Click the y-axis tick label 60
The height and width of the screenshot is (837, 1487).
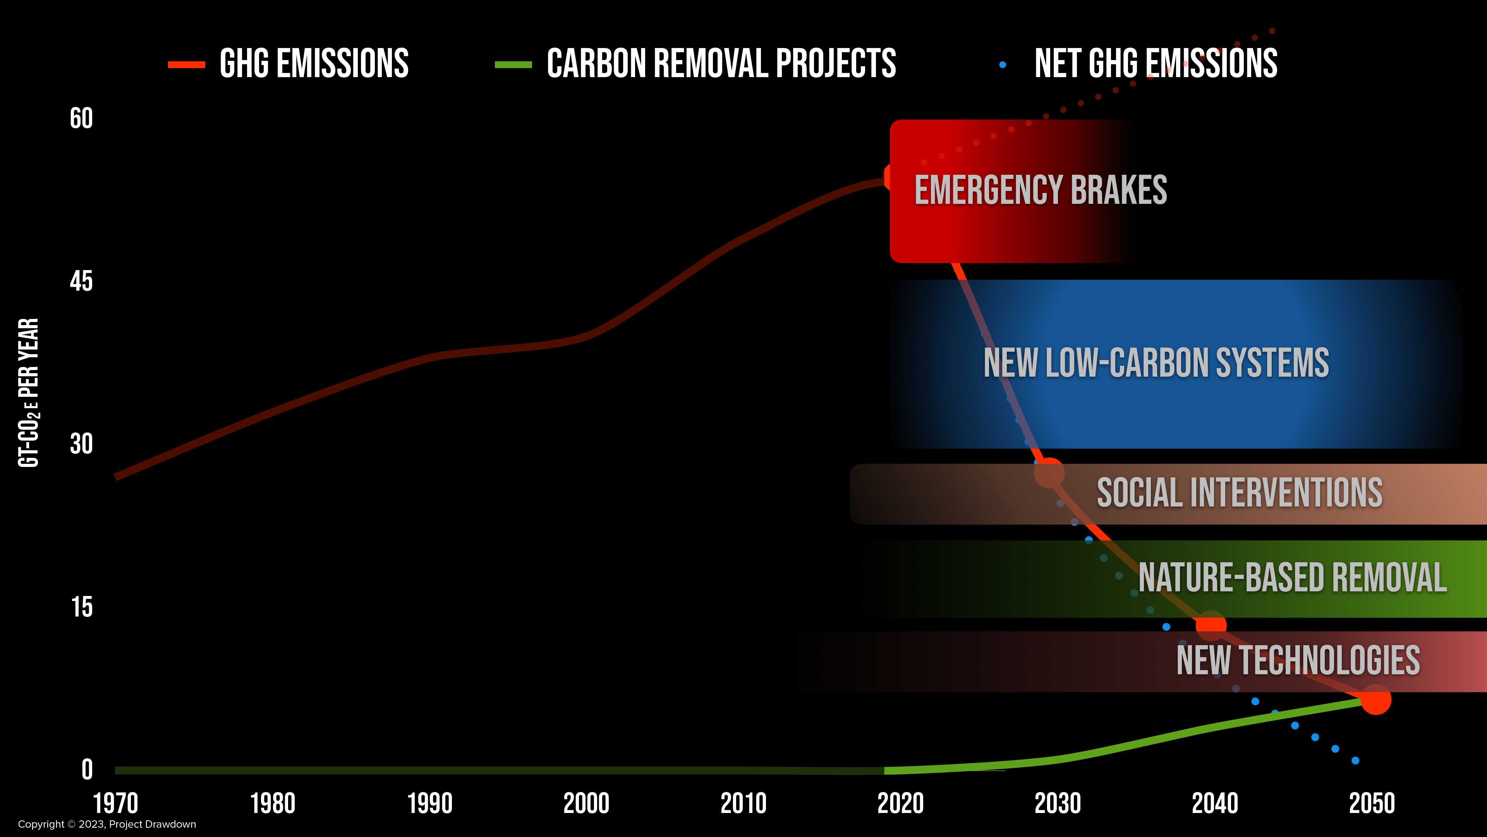click(81, 119)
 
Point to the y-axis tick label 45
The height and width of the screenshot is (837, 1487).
click(81, 282)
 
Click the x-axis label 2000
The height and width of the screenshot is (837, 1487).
click(586, 804)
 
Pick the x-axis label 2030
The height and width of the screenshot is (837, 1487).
click(1058, 804)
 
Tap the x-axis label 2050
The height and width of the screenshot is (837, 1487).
click(1372, 804)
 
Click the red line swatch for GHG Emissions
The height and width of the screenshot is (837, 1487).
click(186, 65)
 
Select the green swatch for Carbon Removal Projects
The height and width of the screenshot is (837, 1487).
click(513, 65)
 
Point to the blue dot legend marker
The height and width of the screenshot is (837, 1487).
click(1003, 65)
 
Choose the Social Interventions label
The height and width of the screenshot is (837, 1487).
click(1239, 493)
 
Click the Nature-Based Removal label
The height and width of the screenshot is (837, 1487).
click(1293, 578)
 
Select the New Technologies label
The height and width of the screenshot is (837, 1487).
click(1298, 661)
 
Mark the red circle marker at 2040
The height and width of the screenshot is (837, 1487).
click(1211, 625)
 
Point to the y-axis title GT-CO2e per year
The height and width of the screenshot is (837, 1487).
click(28, 393)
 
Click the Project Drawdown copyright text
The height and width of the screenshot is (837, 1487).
click(107, 824)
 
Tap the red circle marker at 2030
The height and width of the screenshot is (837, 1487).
click(1049, 473)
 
